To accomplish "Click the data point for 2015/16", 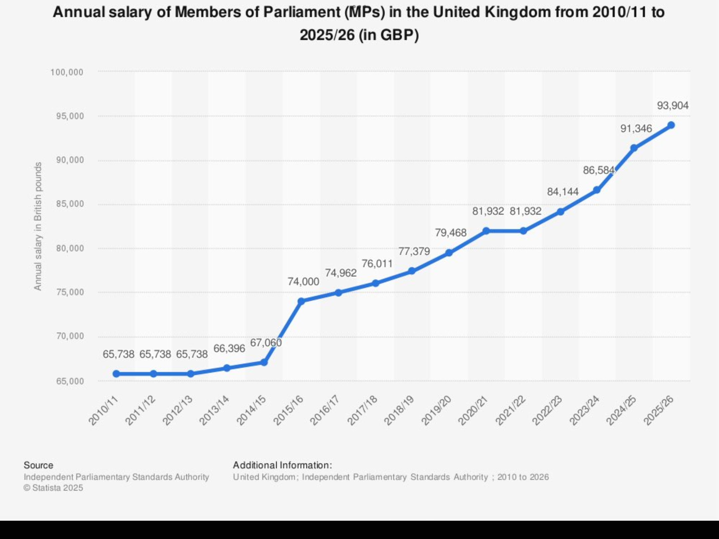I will coord(301,301).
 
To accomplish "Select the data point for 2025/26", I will coord(671,125).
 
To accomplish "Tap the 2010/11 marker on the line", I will coord(116,374).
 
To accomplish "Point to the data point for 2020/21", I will coord(486,231).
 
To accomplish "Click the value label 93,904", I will coord(672,106).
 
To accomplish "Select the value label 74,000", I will coord(303,282).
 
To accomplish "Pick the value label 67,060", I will coord(266,343).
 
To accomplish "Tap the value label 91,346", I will coord(636,129).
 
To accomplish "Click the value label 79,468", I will coord(451,233).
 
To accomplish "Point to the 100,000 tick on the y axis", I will coord(67,72).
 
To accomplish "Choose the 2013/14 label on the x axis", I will coord(214,410).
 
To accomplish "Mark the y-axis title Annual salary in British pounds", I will coord(38,226).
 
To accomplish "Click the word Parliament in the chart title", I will coord(302,13).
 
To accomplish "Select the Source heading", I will coord(38,465).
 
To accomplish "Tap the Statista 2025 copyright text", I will coord(53,488).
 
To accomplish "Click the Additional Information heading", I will coord(282,465).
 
